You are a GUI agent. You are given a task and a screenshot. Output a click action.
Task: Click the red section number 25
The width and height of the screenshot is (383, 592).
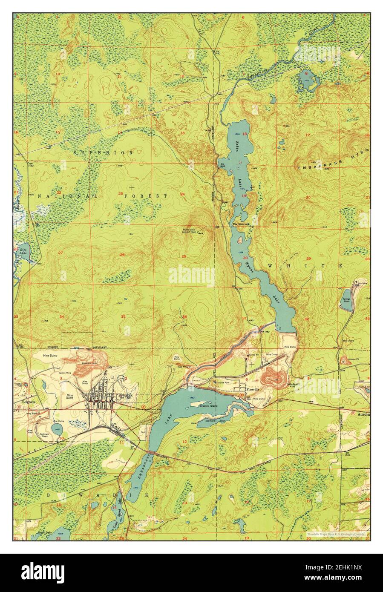click(x=184, y=256)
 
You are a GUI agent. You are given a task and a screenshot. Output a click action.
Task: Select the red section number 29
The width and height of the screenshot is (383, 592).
click(x=308, y=259)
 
